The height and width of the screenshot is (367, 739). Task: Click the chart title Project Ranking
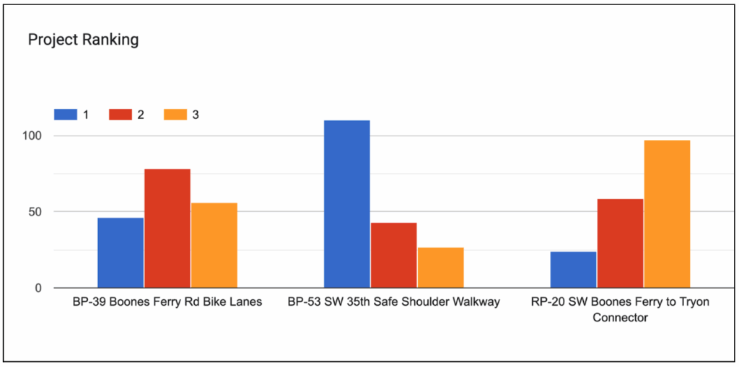tap(83, 40)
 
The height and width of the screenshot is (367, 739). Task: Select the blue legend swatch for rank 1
tap(65, 115)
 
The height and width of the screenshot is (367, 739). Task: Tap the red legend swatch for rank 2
tap(121, 115)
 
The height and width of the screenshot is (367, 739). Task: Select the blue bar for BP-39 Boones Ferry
tap(121, 252)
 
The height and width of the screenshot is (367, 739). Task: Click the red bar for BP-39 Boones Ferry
tap(167, 228)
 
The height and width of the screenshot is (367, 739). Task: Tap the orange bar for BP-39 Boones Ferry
tap(214, 245)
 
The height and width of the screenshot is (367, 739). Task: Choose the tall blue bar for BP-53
tap(347, 204)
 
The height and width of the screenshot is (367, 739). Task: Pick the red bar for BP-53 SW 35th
tap(393, 255)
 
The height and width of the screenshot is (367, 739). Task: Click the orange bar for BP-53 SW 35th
tap(440, 267)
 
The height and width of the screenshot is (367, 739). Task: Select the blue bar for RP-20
tap(573, 270)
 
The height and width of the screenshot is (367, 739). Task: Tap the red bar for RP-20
tap(620, 243)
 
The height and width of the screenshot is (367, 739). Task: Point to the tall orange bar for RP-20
tap(667, 214)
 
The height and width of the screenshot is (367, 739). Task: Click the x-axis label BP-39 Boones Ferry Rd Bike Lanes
tap(167, 302)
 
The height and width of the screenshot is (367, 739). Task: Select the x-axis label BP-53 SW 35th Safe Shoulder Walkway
tap(393, 302)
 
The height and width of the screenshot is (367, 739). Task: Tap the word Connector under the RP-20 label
tap(620, 317)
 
